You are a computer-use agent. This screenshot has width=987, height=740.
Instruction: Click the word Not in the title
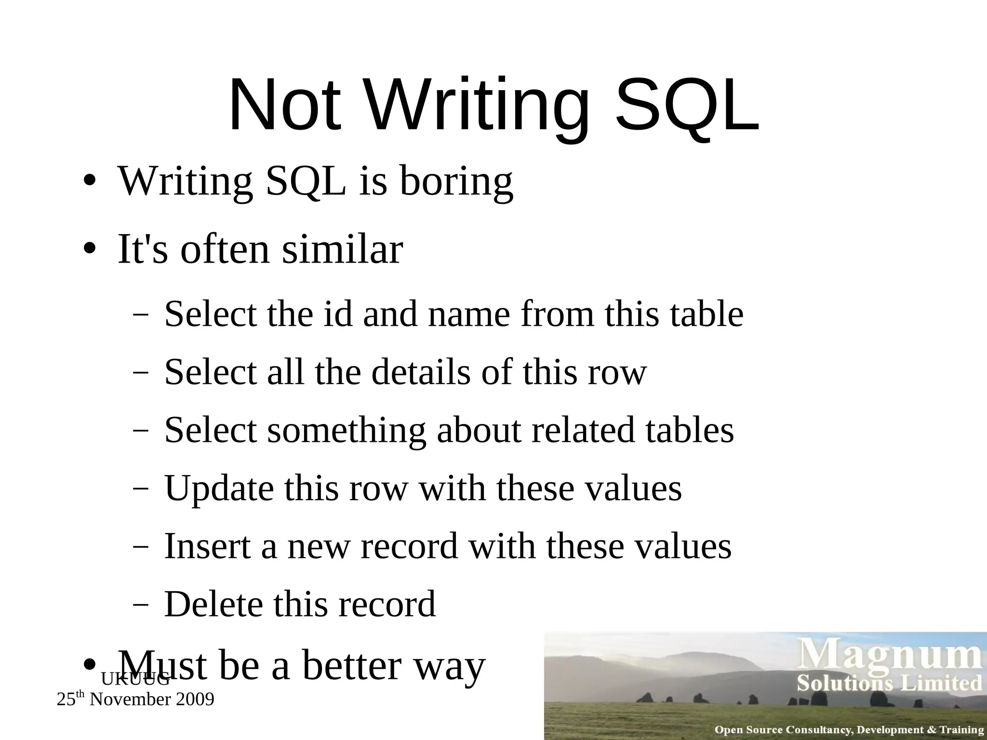tap(285, 106)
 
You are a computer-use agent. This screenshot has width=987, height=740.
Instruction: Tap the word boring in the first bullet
tap(456, 182)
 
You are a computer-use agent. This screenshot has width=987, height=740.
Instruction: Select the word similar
tap(342, 250)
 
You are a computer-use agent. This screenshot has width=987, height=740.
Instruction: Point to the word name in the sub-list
tap(468, 315)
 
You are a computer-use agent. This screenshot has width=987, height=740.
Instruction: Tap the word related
tap(583, 430)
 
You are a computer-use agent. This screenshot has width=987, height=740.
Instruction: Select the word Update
tap(219, 488)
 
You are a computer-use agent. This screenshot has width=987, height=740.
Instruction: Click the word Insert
tap(207, 546)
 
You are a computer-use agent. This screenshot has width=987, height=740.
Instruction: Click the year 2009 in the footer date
tap(195, 700)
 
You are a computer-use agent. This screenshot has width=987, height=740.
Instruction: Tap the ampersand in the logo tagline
tap(932, 730)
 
